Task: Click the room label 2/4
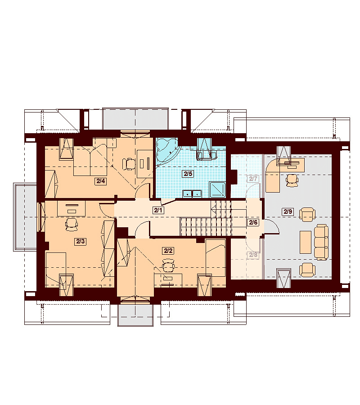coord(101,181)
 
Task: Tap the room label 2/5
coord(188,174)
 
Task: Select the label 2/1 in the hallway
coord(158,210)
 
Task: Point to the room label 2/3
coord(80,241)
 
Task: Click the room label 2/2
coord(168,251)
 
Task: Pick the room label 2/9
coord(288,212)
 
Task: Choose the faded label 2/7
coord(253,179)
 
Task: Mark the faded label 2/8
coord(253,255)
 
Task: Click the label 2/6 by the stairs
coord(253,222)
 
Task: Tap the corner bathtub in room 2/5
coord(166,150)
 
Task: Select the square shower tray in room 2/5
coord(217,190)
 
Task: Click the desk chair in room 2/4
coord(129,164)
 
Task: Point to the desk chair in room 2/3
coord(72,224)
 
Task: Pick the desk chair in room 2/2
coord(168,265)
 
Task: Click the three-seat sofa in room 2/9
coord(321,242)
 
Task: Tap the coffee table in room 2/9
coord(306,242)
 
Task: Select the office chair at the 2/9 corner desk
coord(292,180)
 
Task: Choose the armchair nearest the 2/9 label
coord(307,215)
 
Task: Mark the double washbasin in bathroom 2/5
coord(192,193)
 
